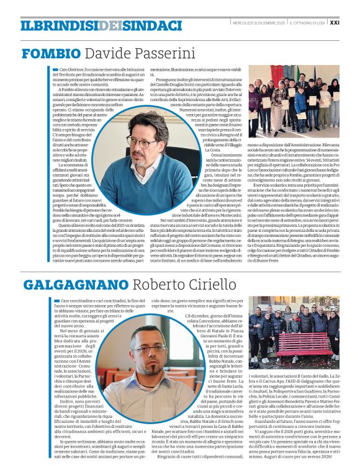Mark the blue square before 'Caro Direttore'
(x=55, y=70)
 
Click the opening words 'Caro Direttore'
(x=70, y=70)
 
